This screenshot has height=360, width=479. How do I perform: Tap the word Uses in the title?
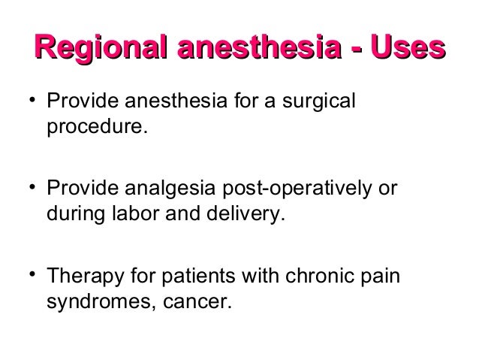pos(408,50)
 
